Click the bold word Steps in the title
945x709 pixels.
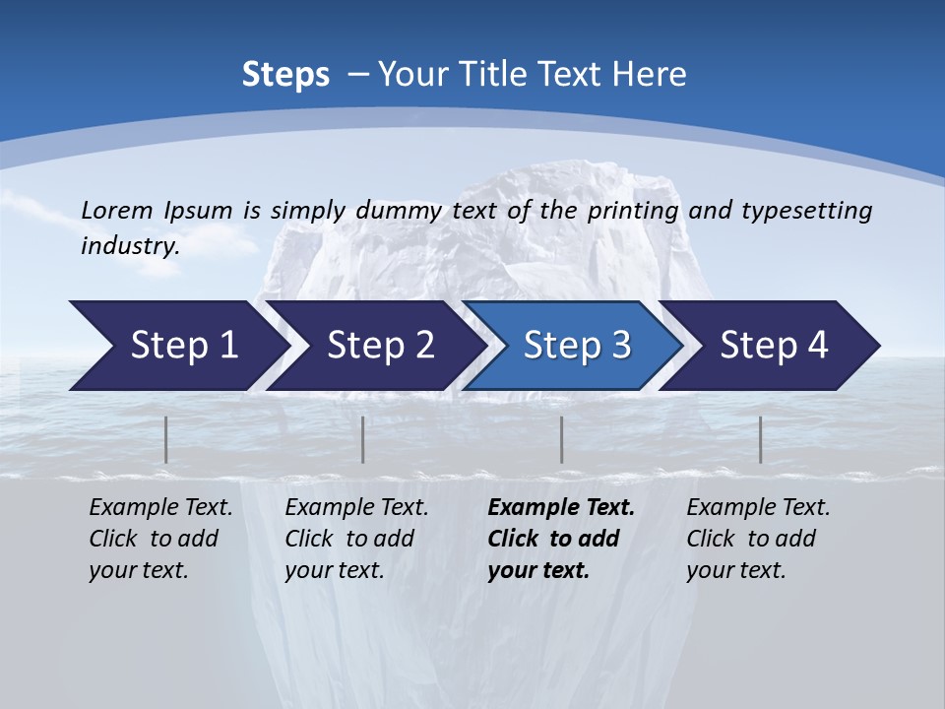285,75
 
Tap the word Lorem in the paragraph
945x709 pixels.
117,210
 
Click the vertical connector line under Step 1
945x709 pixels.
166,439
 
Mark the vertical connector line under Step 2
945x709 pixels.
363,439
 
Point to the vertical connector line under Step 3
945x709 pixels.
561,439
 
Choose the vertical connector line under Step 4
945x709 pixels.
760,439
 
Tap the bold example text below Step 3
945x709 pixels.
560,539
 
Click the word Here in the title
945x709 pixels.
648,75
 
